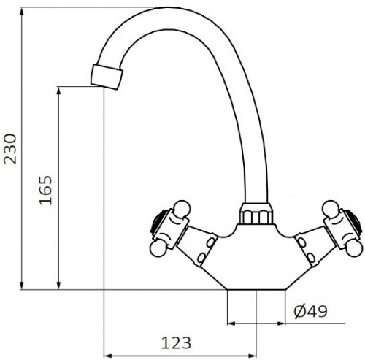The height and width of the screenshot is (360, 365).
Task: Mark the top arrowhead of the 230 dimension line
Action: click(x=24, y=12)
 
